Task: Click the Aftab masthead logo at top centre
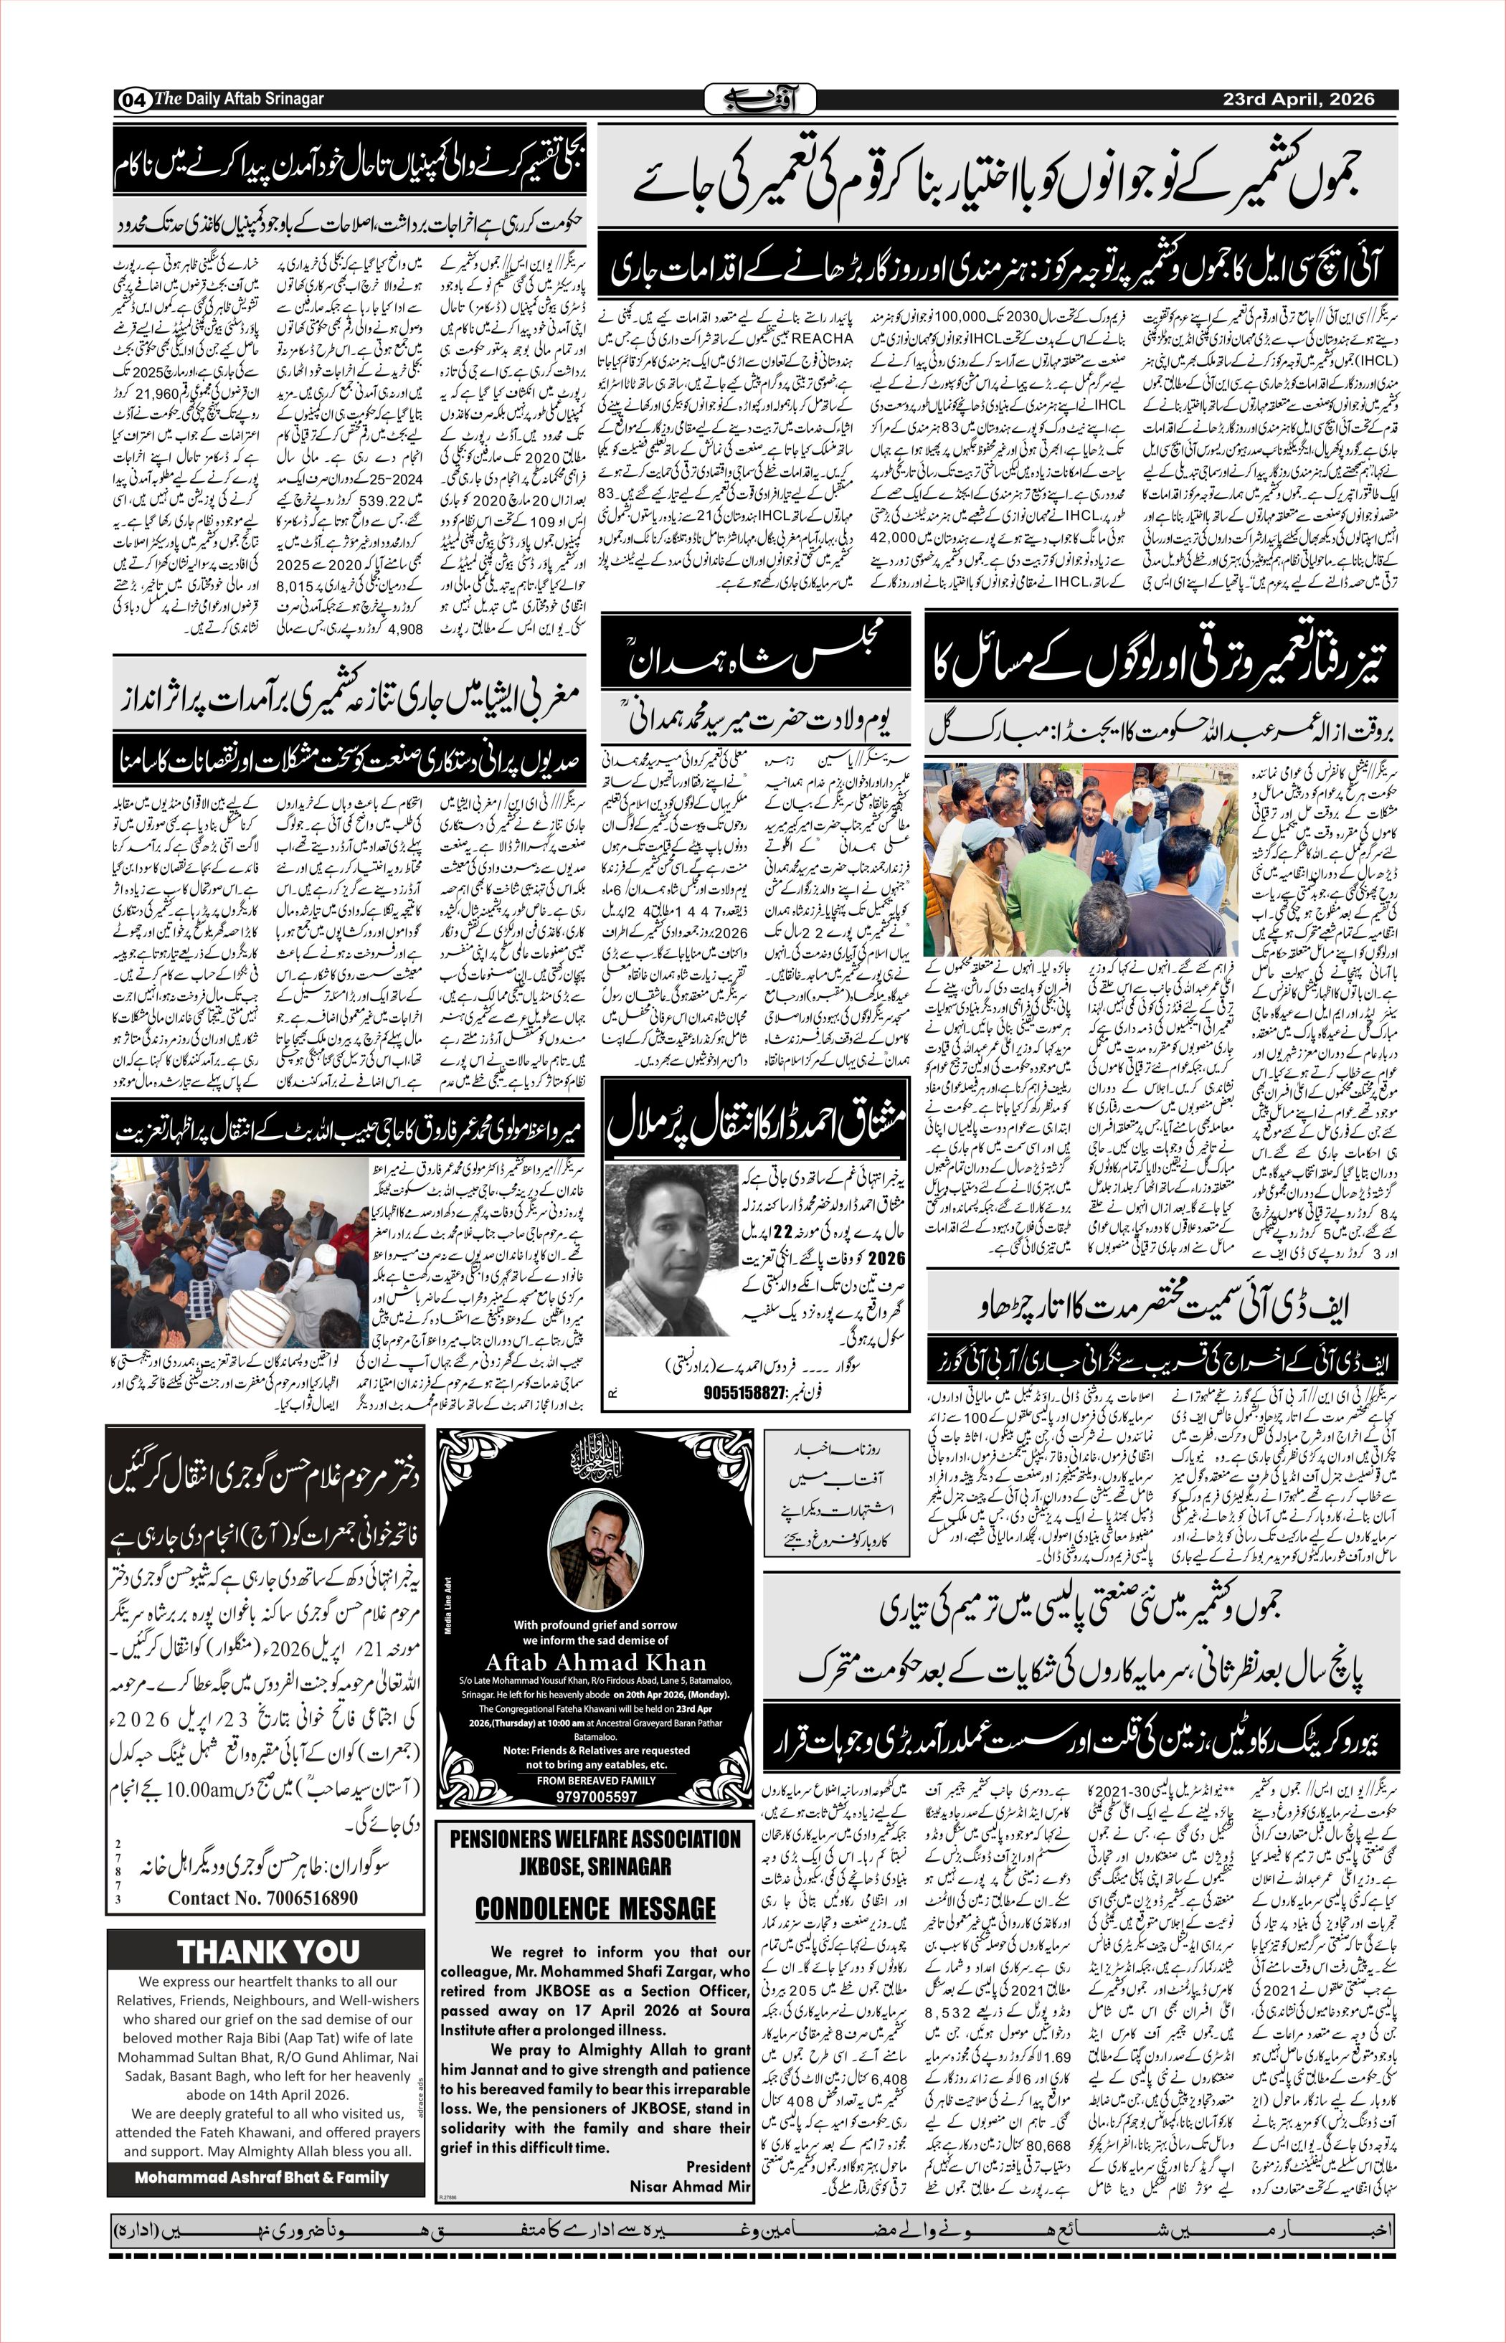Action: [753, 99]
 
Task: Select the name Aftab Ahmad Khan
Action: [595, 1662]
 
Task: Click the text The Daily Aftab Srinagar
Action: [240, 99]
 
